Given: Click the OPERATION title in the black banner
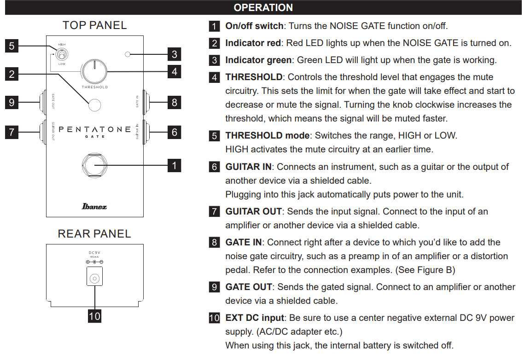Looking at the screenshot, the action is pyautogui.click(x=263, y=7).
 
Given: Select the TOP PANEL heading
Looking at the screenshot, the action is pyautogui.click(x=95, y=25).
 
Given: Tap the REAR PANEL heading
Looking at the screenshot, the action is pyautogui.click(x=94, y=233).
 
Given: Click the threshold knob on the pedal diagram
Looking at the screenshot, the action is pyautogui.click(x=95, y=71).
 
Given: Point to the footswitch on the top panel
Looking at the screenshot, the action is pyautogui.click(x=95, y=165).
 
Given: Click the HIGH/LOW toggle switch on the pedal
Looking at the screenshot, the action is pyautogui.click(x=62, y=53).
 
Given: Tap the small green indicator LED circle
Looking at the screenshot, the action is pyautogui.click(x=128, y=54).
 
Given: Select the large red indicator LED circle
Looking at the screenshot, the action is pyautogui.click(x=94, y=105).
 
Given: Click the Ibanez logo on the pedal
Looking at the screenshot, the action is pyautogui.click(x=94, y=206).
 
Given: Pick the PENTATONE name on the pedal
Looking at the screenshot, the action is pyautogui.click(x=95, y=129).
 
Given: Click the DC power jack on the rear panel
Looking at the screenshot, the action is pyautogui.click(x=95, y=276).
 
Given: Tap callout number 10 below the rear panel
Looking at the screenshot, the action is pyautogui.click(x=95, y=316).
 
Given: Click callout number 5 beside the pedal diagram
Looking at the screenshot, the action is pyautogui.click(x=12, y=46).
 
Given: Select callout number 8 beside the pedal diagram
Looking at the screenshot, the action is pyautogui.click(x=175, y=102).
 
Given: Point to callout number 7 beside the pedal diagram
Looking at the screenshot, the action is pyautogui.click(x=12, y=132).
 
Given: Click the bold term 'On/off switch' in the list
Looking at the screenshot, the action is pyautogui.click(x=254, y=26).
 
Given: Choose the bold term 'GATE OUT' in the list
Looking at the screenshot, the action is pyautogui.click(x=249, y=287).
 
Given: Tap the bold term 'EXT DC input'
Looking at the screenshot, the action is pyautogui.click(x=255, y=318).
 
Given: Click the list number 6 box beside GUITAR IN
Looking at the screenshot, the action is pyautogui.click(x=214, y=167).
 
